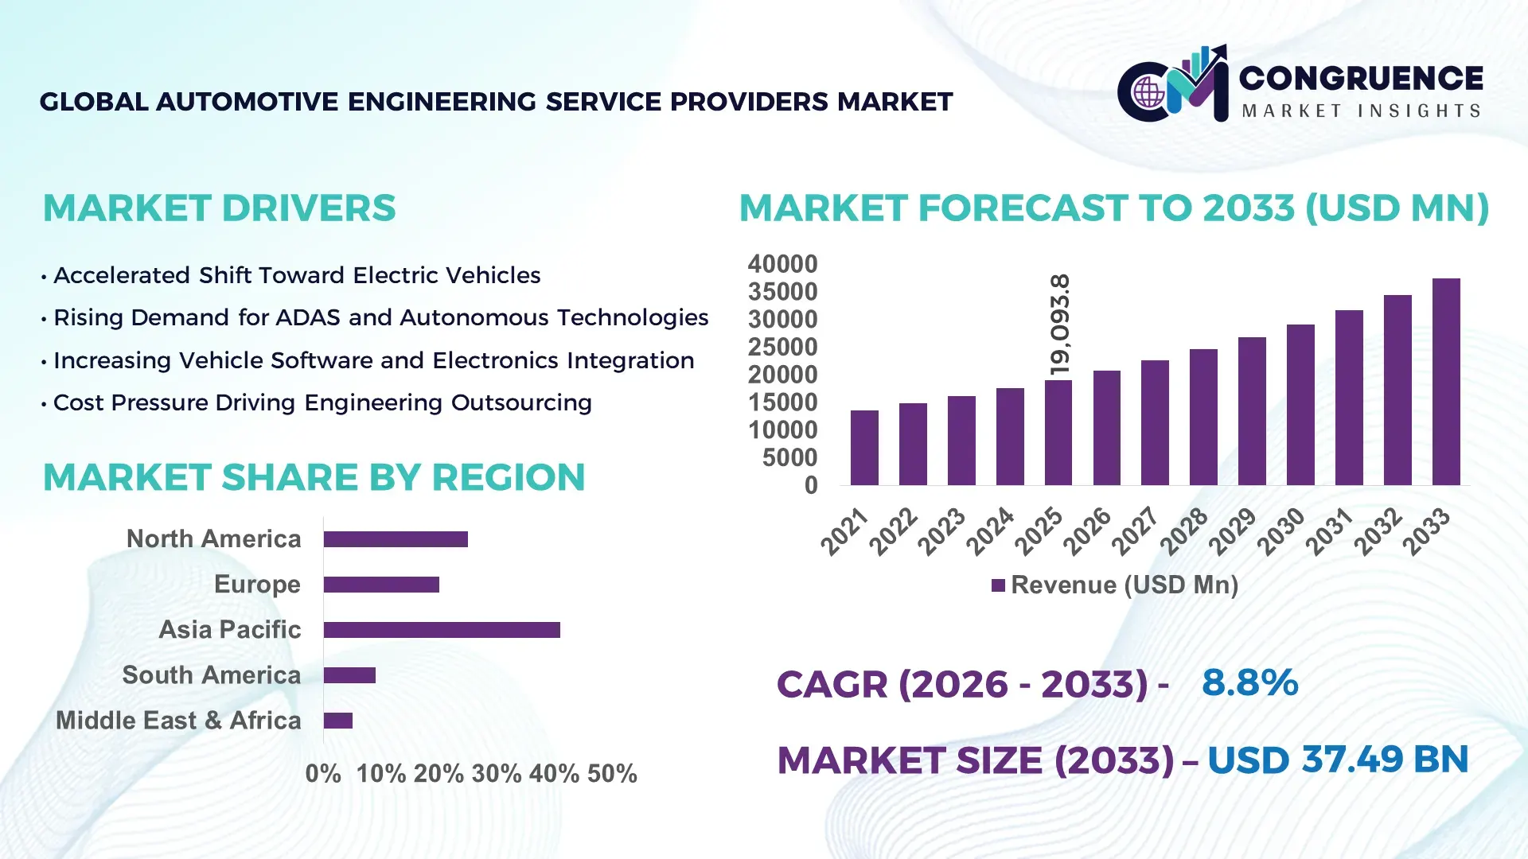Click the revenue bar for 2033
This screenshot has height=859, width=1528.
coord(1446,382)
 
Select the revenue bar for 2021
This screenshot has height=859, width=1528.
coord(864,448)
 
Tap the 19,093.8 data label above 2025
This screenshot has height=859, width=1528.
coord(1060,325)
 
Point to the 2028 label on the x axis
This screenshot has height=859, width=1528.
coord(1184,531)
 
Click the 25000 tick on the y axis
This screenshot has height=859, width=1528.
coord(782,348)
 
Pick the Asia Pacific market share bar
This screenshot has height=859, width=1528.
coord(442,630)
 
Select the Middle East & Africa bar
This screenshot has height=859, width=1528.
coord(338,721)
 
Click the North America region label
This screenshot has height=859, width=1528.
coord(213,538)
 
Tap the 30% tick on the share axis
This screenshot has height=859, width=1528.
coord(496,773)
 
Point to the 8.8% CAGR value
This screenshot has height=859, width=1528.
coord(1249,682)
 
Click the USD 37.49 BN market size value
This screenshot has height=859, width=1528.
coord(1337,760)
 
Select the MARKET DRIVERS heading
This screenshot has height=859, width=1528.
coord(219,208)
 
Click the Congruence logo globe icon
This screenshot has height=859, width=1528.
coord(1148,93)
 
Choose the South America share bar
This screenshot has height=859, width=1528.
coord(349,675)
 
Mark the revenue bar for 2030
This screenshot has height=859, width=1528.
coord(1300,405)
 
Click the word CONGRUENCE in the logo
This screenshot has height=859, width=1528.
coord(1361,78)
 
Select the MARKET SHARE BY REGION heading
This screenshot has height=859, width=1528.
coord(314,477)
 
